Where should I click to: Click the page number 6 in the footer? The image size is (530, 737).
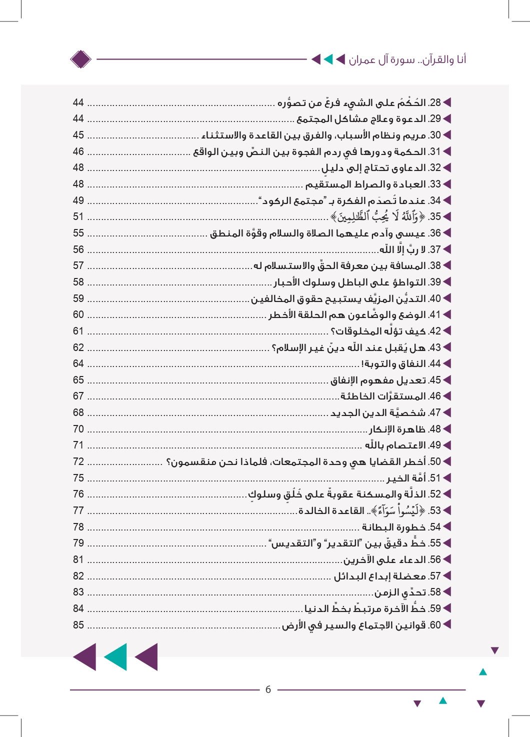pyautogui.click(x=268, y=689)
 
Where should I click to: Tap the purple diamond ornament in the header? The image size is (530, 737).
pyautogui.click(x=80, y=59)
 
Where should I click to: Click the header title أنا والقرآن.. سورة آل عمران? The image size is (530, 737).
pyautogui.click(x=407, y=60)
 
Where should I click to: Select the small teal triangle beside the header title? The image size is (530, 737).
pyautogui.click(x=328, y=60)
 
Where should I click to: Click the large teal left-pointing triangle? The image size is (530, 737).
pyautogui.click(x=115, y=657)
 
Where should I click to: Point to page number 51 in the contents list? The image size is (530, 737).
pyautogui.click(x=78, y=216)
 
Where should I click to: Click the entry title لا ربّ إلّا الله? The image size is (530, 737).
pyautogui.click(x=402, y=249)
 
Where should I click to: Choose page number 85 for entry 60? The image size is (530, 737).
pyautogui.click(x=78, y=625)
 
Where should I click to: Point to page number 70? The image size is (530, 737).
pyautogui.click(x=78, y=429)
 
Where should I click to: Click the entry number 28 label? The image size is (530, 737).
pyautogui.click(x=435, y=103)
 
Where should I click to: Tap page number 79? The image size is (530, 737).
pyautogui.click(x=78, y=543)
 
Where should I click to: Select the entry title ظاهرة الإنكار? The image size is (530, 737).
pyautogui.click(x=397, y=429)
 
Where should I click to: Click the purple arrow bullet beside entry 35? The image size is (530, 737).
pyautogui.click(x=447, y=216)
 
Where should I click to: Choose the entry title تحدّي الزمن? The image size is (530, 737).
pyautogui.click(x=400, y=592)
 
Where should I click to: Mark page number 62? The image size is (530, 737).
pyautogui.click(x=78, y=347)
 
